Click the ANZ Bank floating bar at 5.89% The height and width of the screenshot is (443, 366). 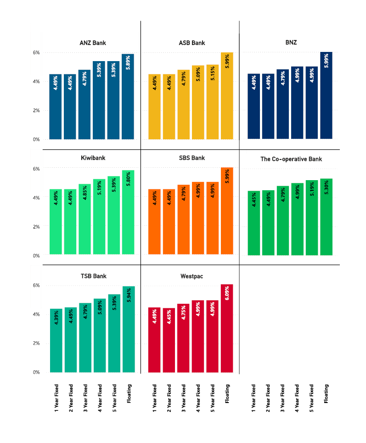coord(128,97)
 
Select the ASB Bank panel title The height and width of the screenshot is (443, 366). coord(191,43)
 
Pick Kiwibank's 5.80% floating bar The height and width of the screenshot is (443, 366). coord(128,212)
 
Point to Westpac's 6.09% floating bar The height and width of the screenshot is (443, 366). coord(227,328)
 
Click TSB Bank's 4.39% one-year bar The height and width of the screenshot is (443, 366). coord(56,341)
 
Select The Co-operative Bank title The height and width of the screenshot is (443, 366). coord(291,159)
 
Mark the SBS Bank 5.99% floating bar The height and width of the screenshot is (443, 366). coord(227,211)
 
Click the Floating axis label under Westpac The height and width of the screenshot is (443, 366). coord(227,394)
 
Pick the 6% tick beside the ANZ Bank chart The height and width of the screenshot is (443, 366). coord(36,53)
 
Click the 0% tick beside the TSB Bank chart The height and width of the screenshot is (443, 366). coord(36,372)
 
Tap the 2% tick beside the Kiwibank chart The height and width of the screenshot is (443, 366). coord(36,227)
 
